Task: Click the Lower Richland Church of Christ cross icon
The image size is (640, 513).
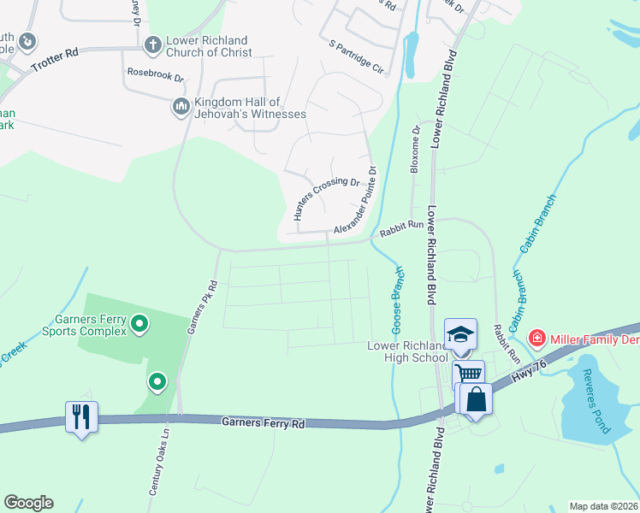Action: coord(153,44)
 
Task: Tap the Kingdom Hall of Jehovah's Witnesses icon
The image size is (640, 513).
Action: coord(181,107)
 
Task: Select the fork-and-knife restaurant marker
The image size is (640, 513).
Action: coord(81,416)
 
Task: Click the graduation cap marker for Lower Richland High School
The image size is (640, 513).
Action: coord(460,334)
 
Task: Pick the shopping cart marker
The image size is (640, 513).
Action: coord(468,374)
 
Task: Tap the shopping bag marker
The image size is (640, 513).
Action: coord(476,398)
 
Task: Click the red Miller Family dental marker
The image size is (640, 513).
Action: coord(536,339)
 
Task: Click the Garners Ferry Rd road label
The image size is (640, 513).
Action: coord(263,422)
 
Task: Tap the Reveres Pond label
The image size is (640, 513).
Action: coord(593,401)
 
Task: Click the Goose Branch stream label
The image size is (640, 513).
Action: coord(398,299)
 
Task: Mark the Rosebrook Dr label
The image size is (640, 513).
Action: coord(156,74)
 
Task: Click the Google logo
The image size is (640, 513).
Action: coord(28,503)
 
